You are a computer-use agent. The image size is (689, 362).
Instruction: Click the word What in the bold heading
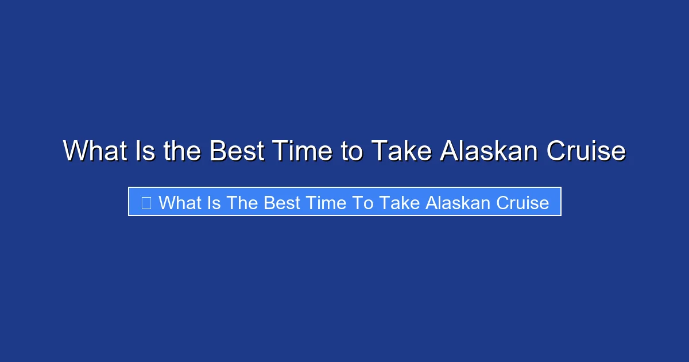[94, 152]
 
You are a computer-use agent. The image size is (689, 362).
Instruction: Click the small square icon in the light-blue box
[146, 203]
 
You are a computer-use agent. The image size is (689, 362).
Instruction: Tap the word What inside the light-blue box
[181, 203]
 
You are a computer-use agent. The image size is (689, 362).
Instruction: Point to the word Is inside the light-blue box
[215, 203]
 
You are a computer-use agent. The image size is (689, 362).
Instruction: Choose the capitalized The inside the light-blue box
[242, 203]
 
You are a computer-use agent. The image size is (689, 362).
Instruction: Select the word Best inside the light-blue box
[281, 203]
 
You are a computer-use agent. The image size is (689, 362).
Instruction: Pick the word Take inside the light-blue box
[393, 203]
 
